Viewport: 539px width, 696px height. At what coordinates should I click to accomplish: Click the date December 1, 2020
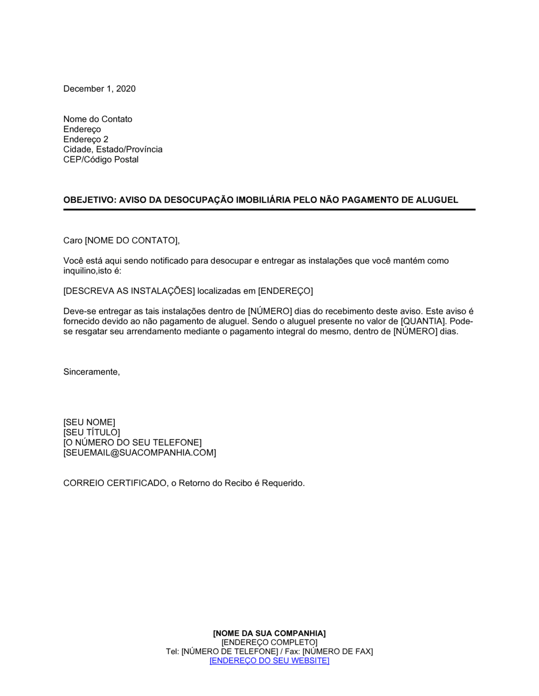pyautogui.click(x=99, y=88)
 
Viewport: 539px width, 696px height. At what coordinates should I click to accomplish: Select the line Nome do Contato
pyautogui.click(x=98, y=119)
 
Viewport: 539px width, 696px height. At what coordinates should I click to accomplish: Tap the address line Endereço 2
pyautogui.click(x=86, y=139)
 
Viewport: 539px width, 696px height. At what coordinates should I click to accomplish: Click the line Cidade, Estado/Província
pyautogui.click(x=113, y=149)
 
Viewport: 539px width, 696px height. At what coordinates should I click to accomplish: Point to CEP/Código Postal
pyautogui.click(x=101, y=160)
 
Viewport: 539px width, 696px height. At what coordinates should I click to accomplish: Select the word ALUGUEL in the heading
pyautogui.click(x=437, y=200)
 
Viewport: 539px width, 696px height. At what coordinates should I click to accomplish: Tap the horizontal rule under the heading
pyautogui.click(x=269, y=209)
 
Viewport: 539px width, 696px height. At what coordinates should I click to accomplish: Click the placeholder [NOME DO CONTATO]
pyautogui.click(x=132, y=241)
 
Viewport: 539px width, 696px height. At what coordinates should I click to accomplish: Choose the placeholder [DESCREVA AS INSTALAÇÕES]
pyautogui.click(x=129, y=291)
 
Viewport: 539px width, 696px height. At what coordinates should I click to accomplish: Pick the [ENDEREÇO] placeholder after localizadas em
pyautogui.click(x=285, y=291)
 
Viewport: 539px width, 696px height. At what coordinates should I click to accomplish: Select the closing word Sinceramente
pyautogui.click(x=91, y=372)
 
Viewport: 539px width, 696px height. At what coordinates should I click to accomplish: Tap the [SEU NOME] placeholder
pyautogui.click(x=89, y=422)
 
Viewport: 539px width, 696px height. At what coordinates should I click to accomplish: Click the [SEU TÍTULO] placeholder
pyautogui.click(x=92, y=433)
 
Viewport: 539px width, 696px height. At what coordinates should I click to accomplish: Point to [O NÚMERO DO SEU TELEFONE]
pyautogui.click(x=132, y=443)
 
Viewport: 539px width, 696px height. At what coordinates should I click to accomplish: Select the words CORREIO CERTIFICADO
pyautogui.click(x=115, y=483)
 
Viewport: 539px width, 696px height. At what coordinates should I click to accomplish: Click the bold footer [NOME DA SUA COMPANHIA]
pyautogui.click(x=269, y=633)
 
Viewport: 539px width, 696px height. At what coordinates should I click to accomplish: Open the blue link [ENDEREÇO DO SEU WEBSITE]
pyautogui.click(x=269, y=661)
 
